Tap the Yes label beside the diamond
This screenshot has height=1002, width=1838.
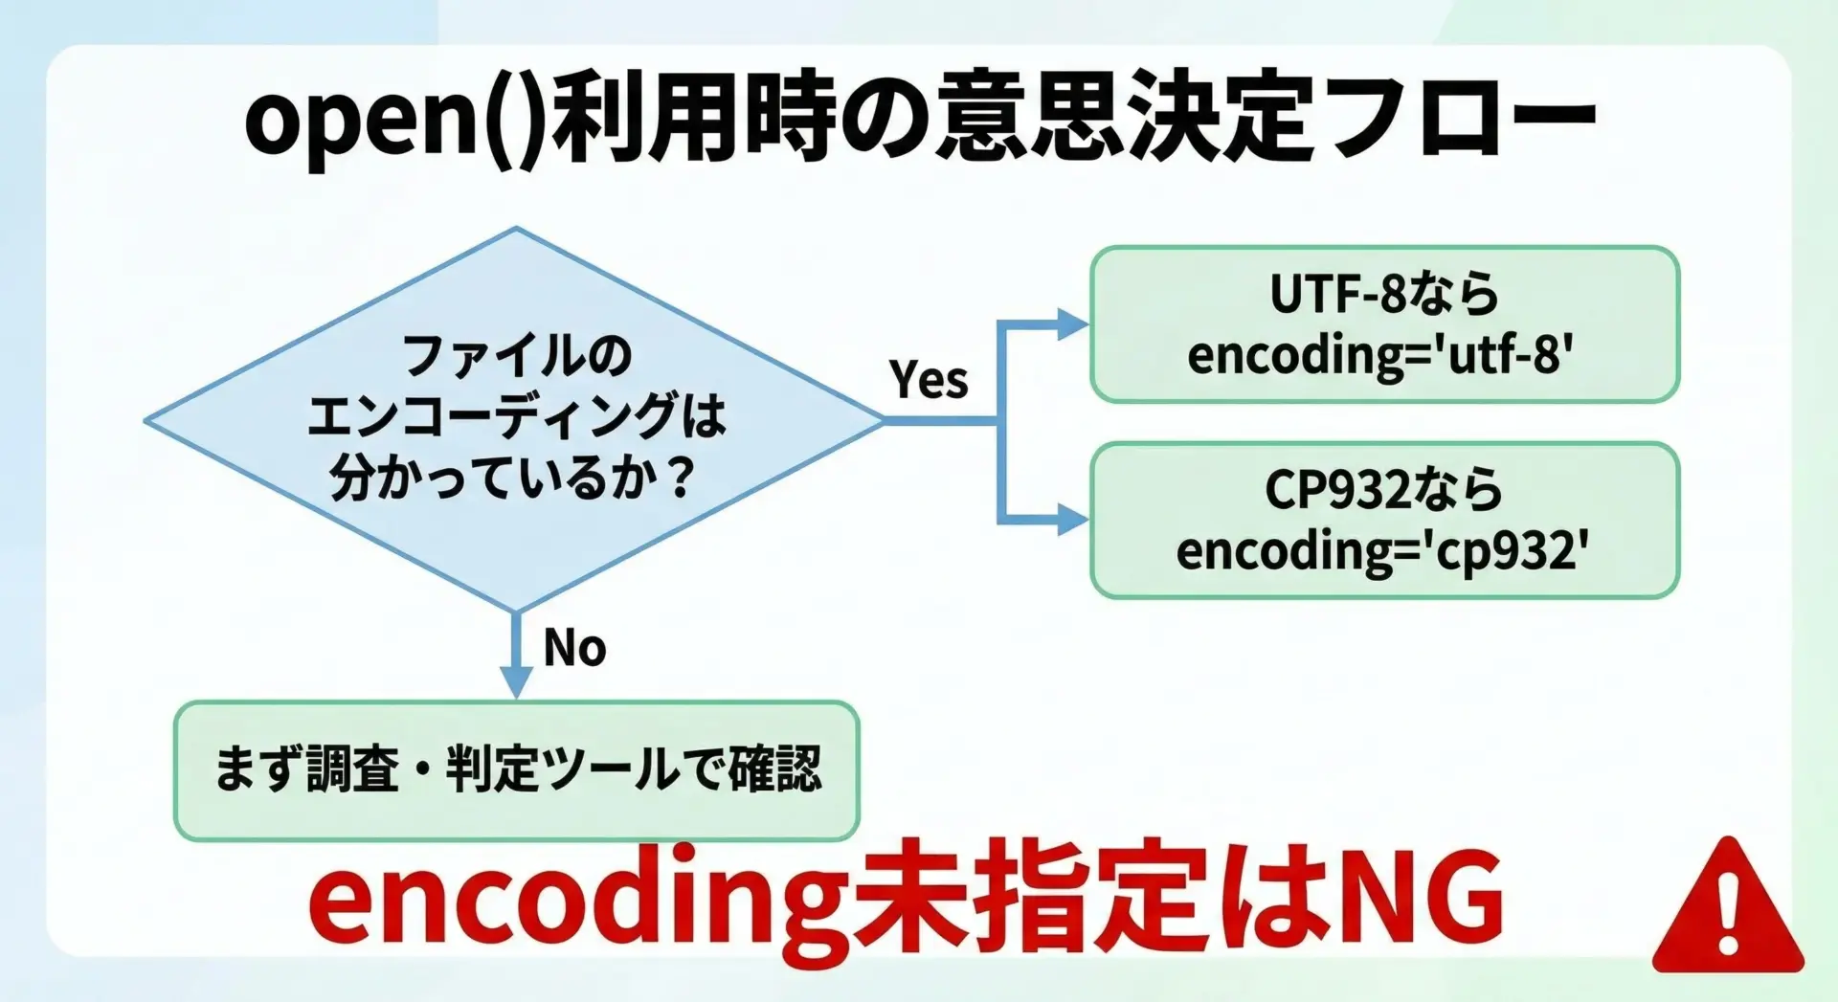point(928,379)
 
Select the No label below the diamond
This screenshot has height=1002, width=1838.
point(574,648)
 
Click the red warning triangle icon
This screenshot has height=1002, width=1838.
point(1727,910)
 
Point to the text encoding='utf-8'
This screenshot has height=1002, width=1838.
point(1380,355)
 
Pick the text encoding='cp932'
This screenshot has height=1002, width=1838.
point(1381,551)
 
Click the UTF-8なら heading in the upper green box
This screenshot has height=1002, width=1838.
point(1384,294)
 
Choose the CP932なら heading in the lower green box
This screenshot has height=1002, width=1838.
point(1383,490)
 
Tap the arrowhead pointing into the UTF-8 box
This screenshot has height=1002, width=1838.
point(1072,324)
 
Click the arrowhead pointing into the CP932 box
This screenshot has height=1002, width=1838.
point(1072,521)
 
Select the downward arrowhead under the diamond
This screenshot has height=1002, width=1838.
point(516,681)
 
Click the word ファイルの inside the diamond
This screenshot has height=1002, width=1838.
point(517,355)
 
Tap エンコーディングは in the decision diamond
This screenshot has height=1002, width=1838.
point(516,416)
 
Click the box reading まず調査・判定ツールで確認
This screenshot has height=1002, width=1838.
point(516,770)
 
